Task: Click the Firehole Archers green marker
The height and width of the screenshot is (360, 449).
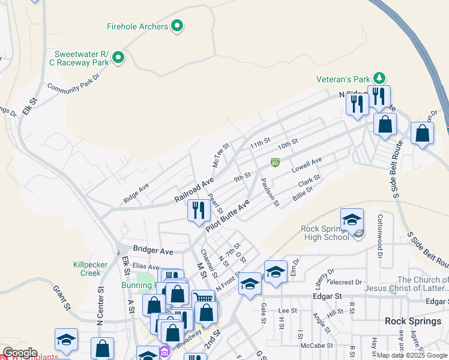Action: [177, 26]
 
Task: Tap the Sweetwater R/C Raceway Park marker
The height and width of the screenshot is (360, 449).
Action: [118, 58]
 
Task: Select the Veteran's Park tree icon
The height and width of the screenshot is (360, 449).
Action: [379, 78]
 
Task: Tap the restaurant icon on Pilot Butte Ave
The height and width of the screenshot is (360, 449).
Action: [198, 211]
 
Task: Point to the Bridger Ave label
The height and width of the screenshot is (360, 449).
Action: [153, 250]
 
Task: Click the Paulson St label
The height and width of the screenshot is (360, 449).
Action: [270, 193]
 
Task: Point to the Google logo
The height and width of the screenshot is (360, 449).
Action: [20, 353]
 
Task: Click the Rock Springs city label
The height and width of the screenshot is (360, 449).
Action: [413, 321]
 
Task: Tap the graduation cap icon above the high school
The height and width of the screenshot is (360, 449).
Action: [352, 220]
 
